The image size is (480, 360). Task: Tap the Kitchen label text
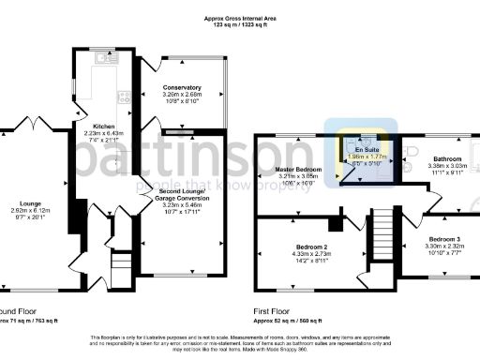click(x=103, y=125)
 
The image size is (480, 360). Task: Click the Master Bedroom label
click(x=298, y=168)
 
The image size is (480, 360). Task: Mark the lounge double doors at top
click(x=37, y=124)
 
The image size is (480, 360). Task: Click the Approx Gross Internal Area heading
click(x=239, y=18)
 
